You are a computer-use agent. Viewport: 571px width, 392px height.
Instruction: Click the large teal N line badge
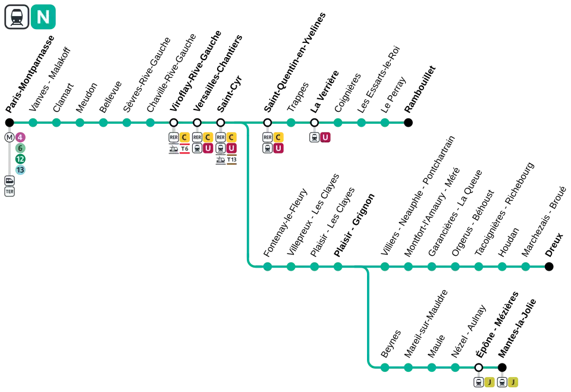[x=43, y=18]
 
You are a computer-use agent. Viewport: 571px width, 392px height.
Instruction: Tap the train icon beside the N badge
[x=17, y=17]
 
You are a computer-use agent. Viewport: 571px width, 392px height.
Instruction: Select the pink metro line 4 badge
[x=20, y=137]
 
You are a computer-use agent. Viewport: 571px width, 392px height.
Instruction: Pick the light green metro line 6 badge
[x=20, y=148]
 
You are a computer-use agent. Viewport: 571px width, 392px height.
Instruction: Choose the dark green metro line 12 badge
[x=20, y=159]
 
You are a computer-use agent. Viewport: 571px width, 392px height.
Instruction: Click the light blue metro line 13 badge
[x=20, y=170]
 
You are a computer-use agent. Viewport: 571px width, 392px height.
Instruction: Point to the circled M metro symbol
[x=9, y=137]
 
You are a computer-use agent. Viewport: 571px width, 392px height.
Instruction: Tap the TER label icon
[x=9, y=192]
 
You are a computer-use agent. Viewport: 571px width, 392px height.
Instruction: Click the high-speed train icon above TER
[x=9, y=181]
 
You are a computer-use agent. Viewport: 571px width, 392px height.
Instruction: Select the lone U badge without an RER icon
[x=325, y=137]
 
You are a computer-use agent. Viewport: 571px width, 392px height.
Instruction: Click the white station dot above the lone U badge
[x=314, y=123]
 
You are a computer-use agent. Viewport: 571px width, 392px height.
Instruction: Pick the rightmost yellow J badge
[x=512, y=382]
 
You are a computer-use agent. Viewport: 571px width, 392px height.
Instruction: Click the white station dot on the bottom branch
[x=478, y=368]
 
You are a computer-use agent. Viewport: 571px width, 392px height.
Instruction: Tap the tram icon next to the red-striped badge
[x=174, y=149]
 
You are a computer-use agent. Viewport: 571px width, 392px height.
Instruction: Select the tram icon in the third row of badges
[x=221, y=159]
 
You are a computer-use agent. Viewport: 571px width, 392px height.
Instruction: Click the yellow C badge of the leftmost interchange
[x=184, y=137]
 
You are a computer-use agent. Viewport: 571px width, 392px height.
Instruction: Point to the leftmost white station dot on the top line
[x=174, y=123]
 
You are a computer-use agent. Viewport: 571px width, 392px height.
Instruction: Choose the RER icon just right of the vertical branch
[x=267, y=137]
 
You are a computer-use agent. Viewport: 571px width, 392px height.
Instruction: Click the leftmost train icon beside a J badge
[x=478, y=382]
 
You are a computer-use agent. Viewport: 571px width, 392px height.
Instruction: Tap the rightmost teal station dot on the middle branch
[x=525, y=266]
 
